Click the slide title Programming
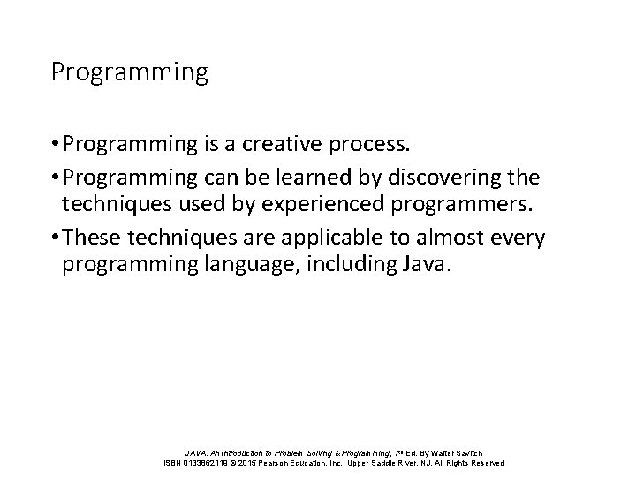point(129,72)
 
